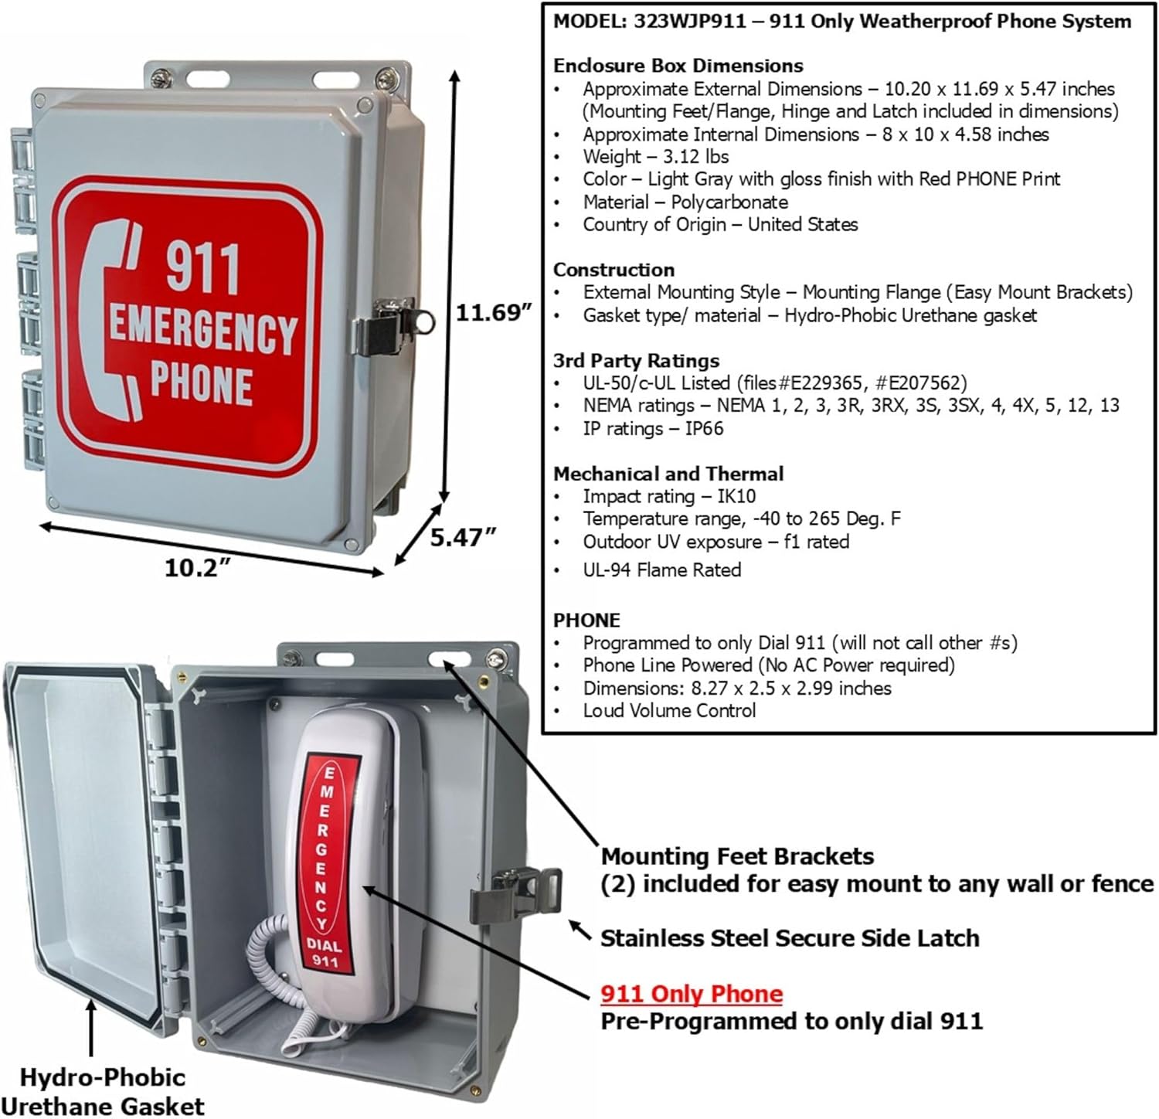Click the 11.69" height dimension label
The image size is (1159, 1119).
[493, 313]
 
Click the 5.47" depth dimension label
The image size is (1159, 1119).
[462, 536]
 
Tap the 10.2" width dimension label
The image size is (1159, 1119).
[198, 568]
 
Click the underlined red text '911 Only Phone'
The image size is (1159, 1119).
[692, 994]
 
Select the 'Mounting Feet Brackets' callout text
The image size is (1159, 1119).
[737, 856]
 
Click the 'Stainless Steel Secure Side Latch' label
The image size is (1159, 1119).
[790, 938]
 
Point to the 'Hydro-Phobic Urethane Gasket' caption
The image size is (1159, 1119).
[103, 1091]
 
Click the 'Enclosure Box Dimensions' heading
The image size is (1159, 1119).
[678, 66]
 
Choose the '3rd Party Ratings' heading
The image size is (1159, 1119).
[636, 360]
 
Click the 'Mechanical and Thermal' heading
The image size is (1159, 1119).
[668, 474]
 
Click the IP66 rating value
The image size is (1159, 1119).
[704, 429]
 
